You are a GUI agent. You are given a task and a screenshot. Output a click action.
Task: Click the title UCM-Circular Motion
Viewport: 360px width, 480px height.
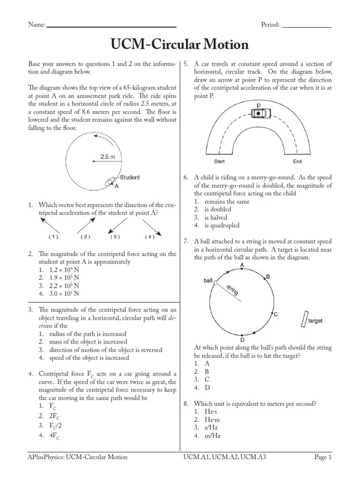[x=180, y=45]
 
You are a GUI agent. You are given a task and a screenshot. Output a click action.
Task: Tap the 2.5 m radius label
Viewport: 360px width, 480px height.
[x=107, y=157]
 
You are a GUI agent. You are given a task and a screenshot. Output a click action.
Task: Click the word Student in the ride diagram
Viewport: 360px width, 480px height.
[x=130, y=177]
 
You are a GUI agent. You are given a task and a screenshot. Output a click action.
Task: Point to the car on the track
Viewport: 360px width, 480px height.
[x=258, y=113]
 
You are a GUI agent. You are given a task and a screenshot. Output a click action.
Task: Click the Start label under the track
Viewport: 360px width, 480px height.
[x=219, y=162]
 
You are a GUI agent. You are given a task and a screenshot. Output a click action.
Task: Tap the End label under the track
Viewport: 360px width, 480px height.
[x=297, y=162]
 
